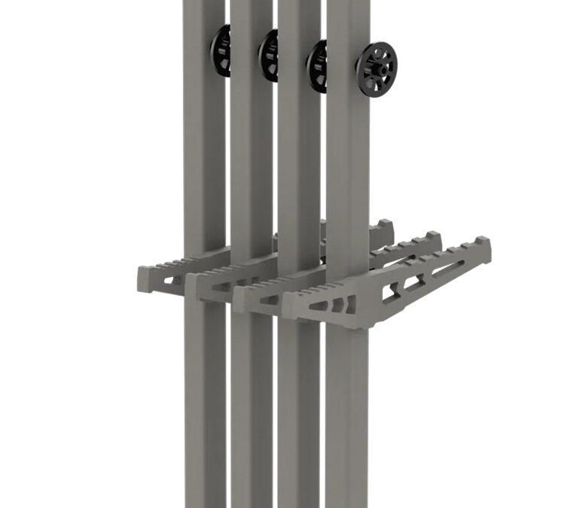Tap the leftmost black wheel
pyautogui.click(x=219, y=51)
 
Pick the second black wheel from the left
pyautogui.click(x=267, y=56)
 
